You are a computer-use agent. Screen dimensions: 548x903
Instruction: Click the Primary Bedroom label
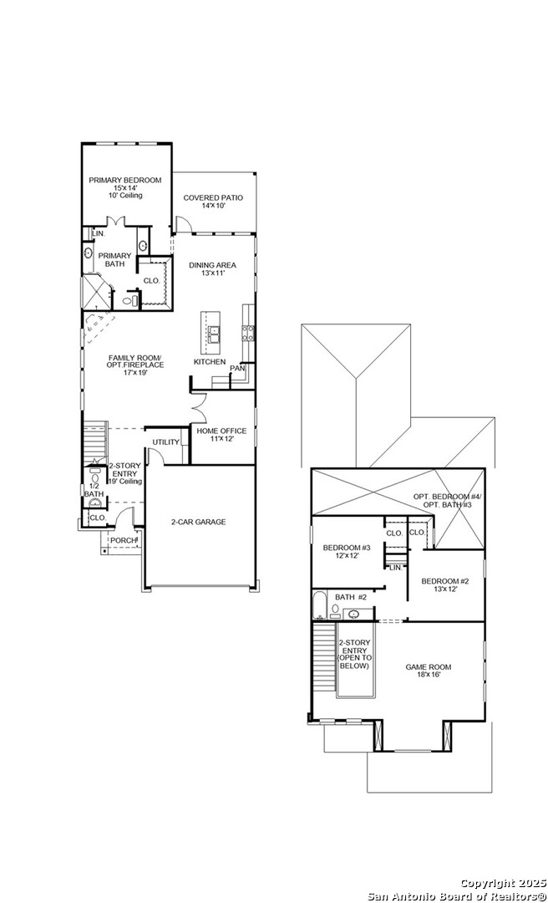pos(125,181)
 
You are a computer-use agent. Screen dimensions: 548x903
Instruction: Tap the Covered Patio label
pos(213,198)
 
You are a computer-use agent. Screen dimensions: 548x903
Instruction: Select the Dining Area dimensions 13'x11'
pos(213,273)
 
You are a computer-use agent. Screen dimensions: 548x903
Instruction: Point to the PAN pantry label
pos(236,368)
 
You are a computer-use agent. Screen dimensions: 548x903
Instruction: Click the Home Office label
pos(221,431)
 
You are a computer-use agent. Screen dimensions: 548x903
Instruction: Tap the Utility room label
pos(165,442)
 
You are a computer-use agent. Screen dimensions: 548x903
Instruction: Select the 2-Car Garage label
pos(198,523)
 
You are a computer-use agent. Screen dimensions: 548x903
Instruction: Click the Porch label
pos(123,540)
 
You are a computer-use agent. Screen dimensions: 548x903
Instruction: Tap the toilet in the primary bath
pos(133,300)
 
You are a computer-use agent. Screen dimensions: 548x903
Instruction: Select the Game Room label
pos(429,667)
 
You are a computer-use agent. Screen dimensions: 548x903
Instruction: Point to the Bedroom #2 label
pos(445,581)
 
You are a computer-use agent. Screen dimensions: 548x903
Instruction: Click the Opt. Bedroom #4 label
pos(448,497)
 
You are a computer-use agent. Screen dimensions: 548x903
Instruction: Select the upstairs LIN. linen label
pos(395,568)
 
